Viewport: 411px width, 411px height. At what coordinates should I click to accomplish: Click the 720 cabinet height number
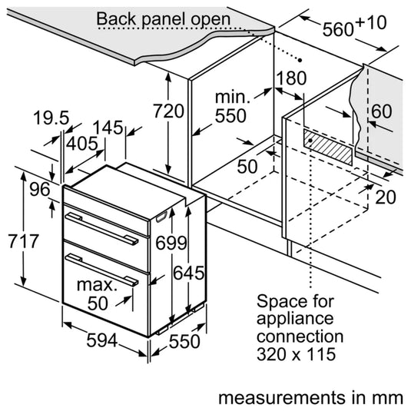coord(169,111)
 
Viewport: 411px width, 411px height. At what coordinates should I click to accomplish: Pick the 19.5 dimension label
coord(51,118)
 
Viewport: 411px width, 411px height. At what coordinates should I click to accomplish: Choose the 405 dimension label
coord(81,144)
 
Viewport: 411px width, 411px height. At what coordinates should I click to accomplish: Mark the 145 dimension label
coord(112,128)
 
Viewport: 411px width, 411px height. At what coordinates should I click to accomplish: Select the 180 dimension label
coord(291,78)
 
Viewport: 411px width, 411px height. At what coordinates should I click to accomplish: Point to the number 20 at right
coord(386,197)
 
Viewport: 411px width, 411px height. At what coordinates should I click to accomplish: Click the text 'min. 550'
coord(230,107)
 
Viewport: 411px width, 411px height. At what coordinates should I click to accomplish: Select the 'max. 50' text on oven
coord(98,294)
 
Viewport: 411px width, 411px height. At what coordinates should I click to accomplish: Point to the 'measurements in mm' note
coord(310,398)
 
